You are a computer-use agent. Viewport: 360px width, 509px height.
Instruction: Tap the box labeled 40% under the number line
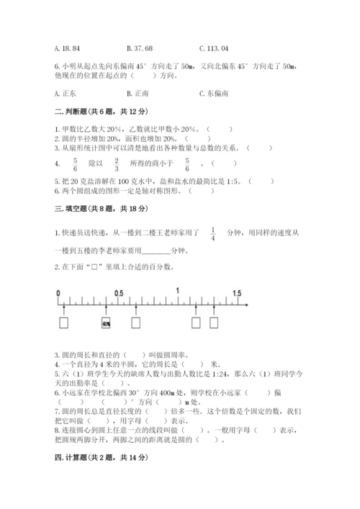[x=106, y=324]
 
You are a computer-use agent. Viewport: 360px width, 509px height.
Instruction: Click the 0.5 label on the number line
[x=118, y=293]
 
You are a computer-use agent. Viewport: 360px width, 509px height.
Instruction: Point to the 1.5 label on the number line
[x=237, y=293]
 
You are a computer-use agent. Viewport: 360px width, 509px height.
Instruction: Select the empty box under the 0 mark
[x=64, y=324]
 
